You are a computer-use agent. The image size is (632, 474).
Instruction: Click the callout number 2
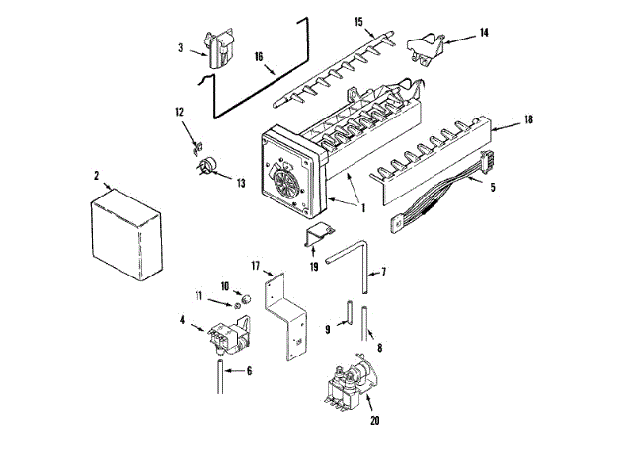point(97,177)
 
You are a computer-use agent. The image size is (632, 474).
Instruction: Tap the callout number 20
point(373,421)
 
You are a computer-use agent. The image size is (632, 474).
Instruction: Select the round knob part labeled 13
point(208,166)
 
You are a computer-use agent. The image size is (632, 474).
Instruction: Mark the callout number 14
point(484,33)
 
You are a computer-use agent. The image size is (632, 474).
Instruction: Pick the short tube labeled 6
point(217,377)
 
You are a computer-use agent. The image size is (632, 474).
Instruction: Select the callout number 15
point(358,21)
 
